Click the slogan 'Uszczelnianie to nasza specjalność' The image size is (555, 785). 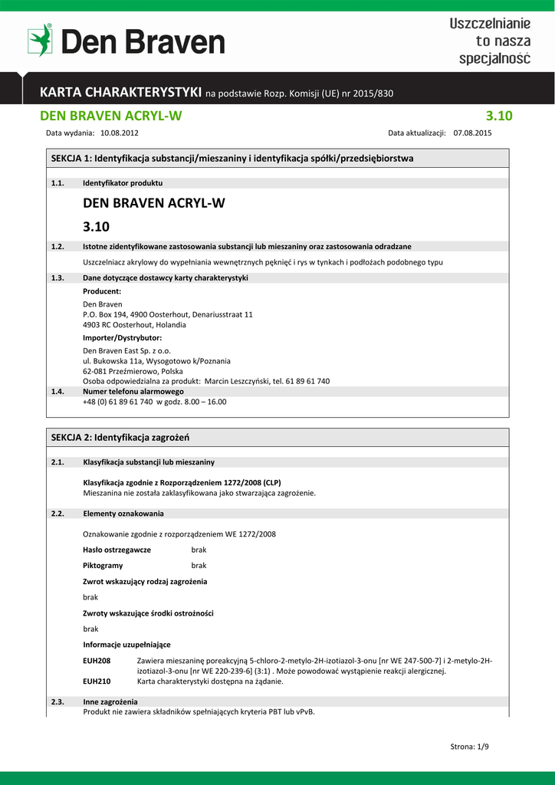click(489, 41)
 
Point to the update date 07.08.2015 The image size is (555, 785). click(473, 133)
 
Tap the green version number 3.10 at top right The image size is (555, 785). click(499, 117)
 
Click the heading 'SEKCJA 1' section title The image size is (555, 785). click(232, 159)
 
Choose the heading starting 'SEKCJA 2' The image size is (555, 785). click(120, 437)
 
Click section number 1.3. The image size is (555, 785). click(57, 278)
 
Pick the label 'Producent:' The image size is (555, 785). click(102, 291)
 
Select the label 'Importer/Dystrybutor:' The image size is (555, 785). click(122, 337)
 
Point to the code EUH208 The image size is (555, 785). click(97, 661)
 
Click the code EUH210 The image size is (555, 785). click(97, 681)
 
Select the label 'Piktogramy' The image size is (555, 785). click(103, 565)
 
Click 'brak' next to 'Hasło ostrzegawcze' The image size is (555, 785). click(199, 550)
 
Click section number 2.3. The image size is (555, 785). click(57, 701)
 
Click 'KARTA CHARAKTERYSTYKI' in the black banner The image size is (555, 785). click(120, 93)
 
